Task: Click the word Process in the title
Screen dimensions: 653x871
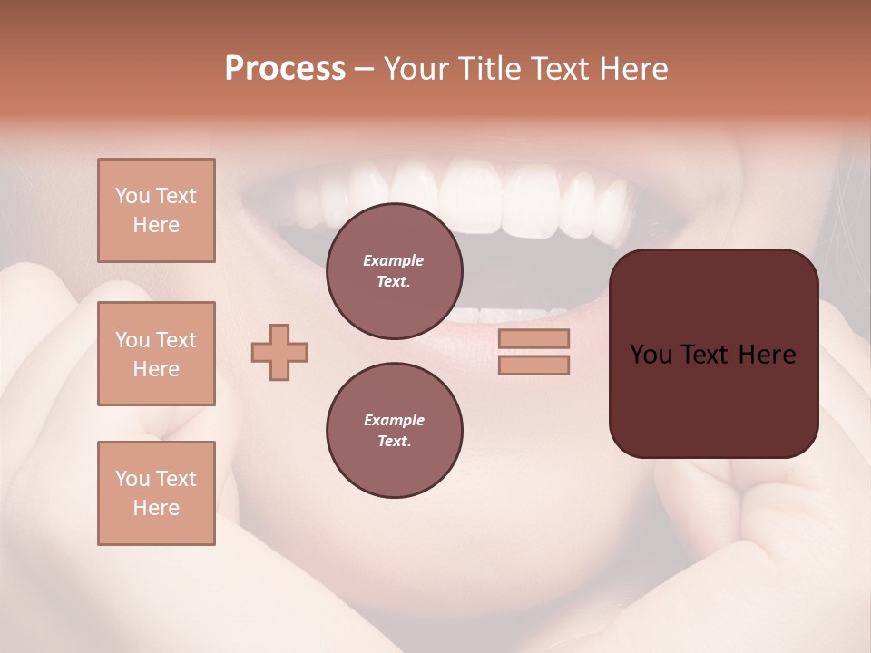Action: click(285, 69)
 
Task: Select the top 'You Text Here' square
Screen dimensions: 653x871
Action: click(156, 210)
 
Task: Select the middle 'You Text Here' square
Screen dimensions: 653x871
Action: click(156, 354)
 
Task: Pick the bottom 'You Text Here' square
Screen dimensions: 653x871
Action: click(156, 493)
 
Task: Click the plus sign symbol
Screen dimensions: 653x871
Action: click(279, 352)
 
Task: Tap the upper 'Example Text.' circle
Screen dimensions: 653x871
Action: click(395, 271)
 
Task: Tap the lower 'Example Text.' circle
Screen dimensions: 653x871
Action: click(395, 431)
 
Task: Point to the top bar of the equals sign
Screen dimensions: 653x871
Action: click(533, 338)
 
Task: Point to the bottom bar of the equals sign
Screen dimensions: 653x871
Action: click(533, 365)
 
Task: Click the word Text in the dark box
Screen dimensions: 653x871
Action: click(713, 355)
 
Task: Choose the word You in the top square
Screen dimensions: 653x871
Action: click(132, 196)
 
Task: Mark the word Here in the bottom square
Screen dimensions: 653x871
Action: click(156, 508)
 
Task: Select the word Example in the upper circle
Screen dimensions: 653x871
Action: click(394, 260)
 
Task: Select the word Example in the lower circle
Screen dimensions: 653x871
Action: click(394, 420)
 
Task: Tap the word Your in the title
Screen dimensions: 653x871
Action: click(415, 69)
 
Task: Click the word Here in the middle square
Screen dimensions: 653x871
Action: click(156, 369)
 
